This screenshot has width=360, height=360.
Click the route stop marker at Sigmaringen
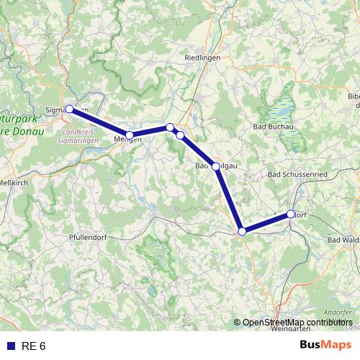tap(69, 109)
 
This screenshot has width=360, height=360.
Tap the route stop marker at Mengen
tap(130, 135)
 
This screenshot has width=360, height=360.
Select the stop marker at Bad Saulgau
tap(215, 166)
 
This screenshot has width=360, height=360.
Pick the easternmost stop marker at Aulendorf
tap(291, 214)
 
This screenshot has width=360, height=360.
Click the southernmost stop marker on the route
tap(243, 231)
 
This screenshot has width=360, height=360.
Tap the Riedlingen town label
tap(202, 58)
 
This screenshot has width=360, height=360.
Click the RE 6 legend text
tap(33, 346)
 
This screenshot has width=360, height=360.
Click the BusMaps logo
tap(325, 346)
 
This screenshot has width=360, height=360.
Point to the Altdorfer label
tap(338, 312)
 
